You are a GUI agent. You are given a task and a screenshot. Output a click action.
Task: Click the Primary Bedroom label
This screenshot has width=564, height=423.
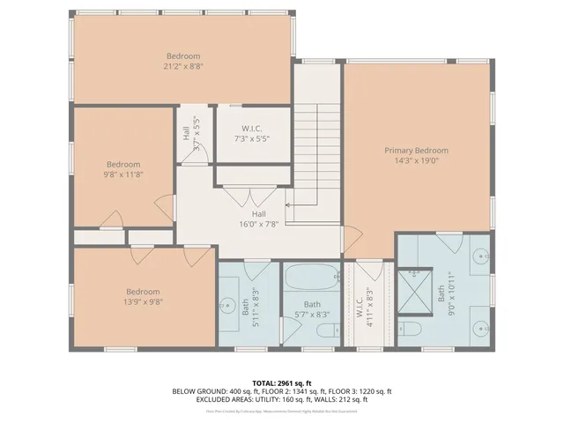(x=416, y=151)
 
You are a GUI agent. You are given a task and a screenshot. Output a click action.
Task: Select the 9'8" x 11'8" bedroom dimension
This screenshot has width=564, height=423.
(x=123, y=174)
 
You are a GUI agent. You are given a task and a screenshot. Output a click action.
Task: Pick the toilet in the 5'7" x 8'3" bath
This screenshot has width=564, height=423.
(x=327, y=331)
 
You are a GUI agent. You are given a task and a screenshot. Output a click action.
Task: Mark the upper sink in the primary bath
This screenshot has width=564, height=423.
(x=481, y=256)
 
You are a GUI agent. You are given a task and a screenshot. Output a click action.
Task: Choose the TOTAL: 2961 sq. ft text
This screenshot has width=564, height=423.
(x=281, y=382)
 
